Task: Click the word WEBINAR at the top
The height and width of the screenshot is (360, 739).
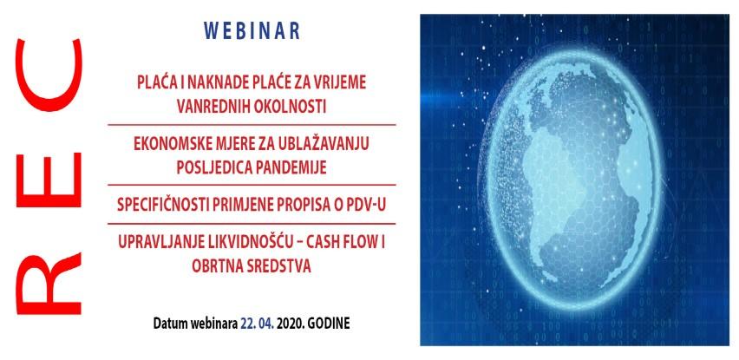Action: (252, 30)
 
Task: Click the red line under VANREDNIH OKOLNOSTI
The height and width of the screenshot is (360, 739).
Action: (251, 125)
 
